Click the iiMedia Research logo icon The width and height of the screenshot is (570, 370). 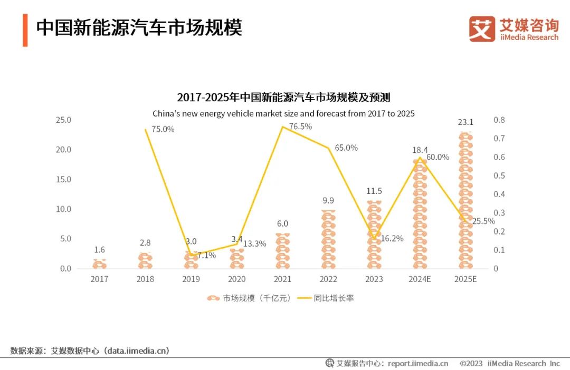pyautogui.click(x=482, y=29)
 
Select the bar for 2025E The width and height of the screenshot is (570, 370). pyautogui.click(x=465, y=200)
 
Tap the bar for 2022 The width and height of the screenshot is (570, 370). pyautogui.click(x=328, y=240)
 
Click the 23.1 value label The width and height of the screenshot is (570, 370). pyautogui.click(x=465, y=122)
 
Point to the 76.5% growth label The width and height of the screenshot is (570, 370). pyautogui.click(x=300, y=126)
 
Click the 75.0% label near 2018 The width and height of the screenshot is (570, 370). pyautogui.click(x=163, y=129)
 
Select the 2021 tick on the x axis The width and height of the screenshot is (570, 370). pyautogui.click(x=282, y=279)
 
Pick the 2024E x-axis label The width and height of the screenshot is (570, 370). pyautogui.click(x=420, y=279)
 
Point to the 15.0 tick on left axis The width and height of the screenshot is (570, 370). pyautogui.click(x=63, y=179)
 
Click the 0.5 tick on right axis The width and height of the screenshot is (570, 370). pyautogui.click(x=499, y=176)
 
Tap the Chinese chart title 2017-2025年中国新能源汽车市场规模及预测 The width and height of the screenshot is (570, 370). pyautogui.click(x=283, y=98)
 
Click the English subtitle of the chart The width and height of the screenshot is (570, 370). pyautogui.click(x=283, y=113)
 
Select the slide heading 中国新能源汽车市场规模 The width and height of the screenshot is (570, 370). pyautogui.click(x=139, y=28)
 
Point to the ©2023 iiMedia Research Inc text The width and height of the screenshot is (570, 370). pyautogui.click(x=509, y=363)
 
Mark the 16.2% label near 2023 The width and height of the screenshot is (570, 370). pyautogui.click(x=392, y=238)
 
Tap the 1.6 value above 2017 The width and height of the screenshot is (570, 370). pyautogui.click(x=99, y=250)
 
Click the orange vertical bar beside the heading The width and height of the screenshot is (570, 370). pyautogui.click(x=25, y=31)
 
